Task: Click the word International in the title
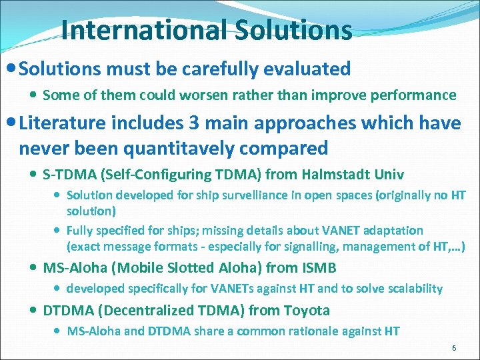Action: [x=143, y=30]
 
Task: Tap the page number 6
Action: [x=454, y=348]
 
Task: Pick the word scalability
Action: [x=411, y=289]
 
